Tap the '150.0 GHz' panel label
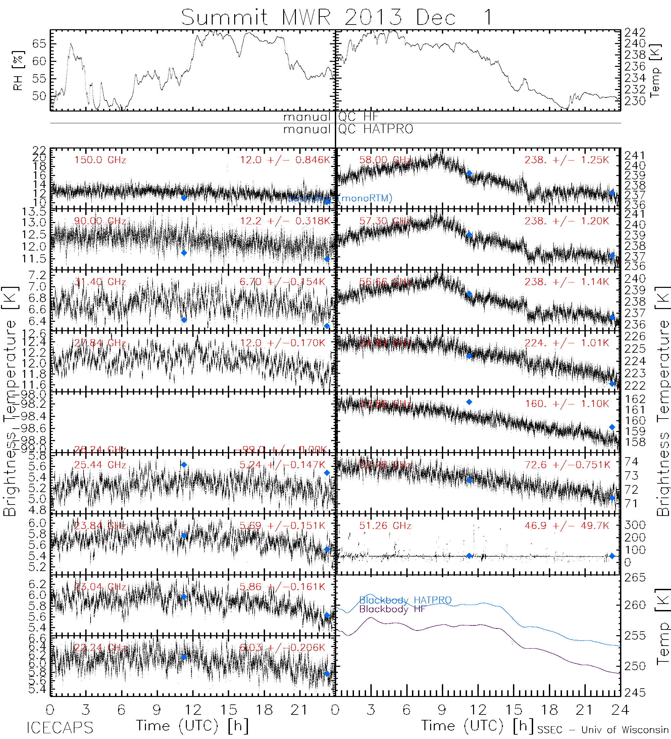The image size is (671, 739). pos(100,160)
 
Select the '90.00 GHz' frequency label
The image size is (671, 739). pos(100,221)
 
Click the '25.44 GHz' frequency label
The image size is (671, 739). pos(100,465)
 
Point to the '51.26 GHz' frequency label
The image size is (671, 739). pos(385,526)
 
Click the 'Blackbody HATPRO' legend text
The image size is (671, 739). pos(405,600)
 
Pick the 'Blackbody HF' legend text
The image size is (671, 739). pos(392,609)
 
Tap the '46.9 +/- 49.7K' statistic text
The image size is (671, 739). pos(566,526)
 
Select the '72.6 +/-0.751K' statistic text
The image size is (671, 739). pos(567,465)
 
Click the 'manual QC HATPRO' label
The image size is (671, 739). pos(348,129)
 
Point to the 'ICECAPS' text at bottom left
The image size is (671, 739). pos(60,728)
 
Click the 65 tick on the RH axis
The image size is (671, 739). pos(39,44)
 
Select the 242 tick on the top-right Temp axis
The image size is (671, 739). pos(635,33)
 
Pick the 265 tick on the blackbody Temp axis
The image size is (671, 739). pos(635,578)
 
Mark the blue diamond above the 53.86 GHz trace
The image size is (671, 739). pos(469,402)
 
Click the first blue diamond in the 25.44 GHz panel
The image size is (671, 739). pos(184,465)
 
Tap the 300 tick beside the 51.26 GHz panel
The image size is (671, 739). pos(635,525)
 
